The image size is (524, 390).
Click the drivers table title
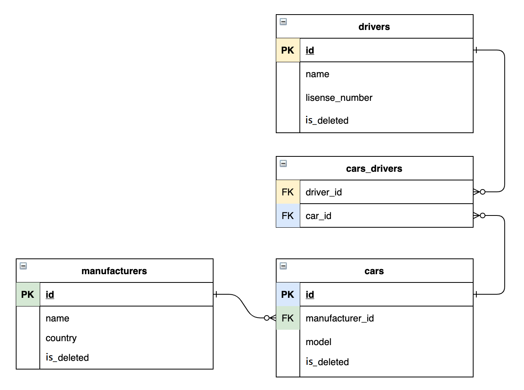click(374, 27)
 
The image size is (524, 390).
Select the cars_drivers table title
click(374, 169)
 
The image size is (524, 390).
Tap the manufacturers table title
click(114, 271)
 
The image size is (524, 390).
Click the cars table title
click(374, 271)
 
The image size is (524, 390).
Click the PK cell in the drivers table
click(288, 50)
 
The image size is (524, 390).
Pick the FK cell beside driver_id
click(288, 192)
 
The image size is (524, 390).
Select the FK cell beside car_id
click(288, 215)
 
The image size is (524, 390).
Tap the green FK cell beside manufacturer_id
click(288, 318)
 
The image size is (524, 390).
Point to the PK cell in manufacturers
click(28, 294)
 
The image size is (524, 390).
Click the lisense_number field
click(339, 98)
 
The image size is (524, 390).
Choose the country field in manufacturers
click(61, 338)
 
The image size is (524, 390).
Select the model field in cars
click(318, 342)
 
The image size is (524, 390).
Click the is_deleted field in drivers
click(327, 121)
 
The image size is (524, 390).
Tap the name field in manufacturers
click(58, 318)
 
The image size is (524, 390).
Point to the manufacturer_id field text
click(340, 318)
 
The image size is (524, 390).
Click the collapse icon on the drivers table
click(283, 22)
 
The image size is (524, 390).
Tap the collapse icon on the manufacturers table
click(23, 266)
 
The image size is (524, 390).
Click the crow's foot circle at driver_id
click(483, 192)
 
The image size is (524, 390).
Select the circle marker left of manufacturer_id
click(266, 318)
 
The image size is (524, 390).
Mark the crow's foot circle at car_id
click(483, 215)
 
